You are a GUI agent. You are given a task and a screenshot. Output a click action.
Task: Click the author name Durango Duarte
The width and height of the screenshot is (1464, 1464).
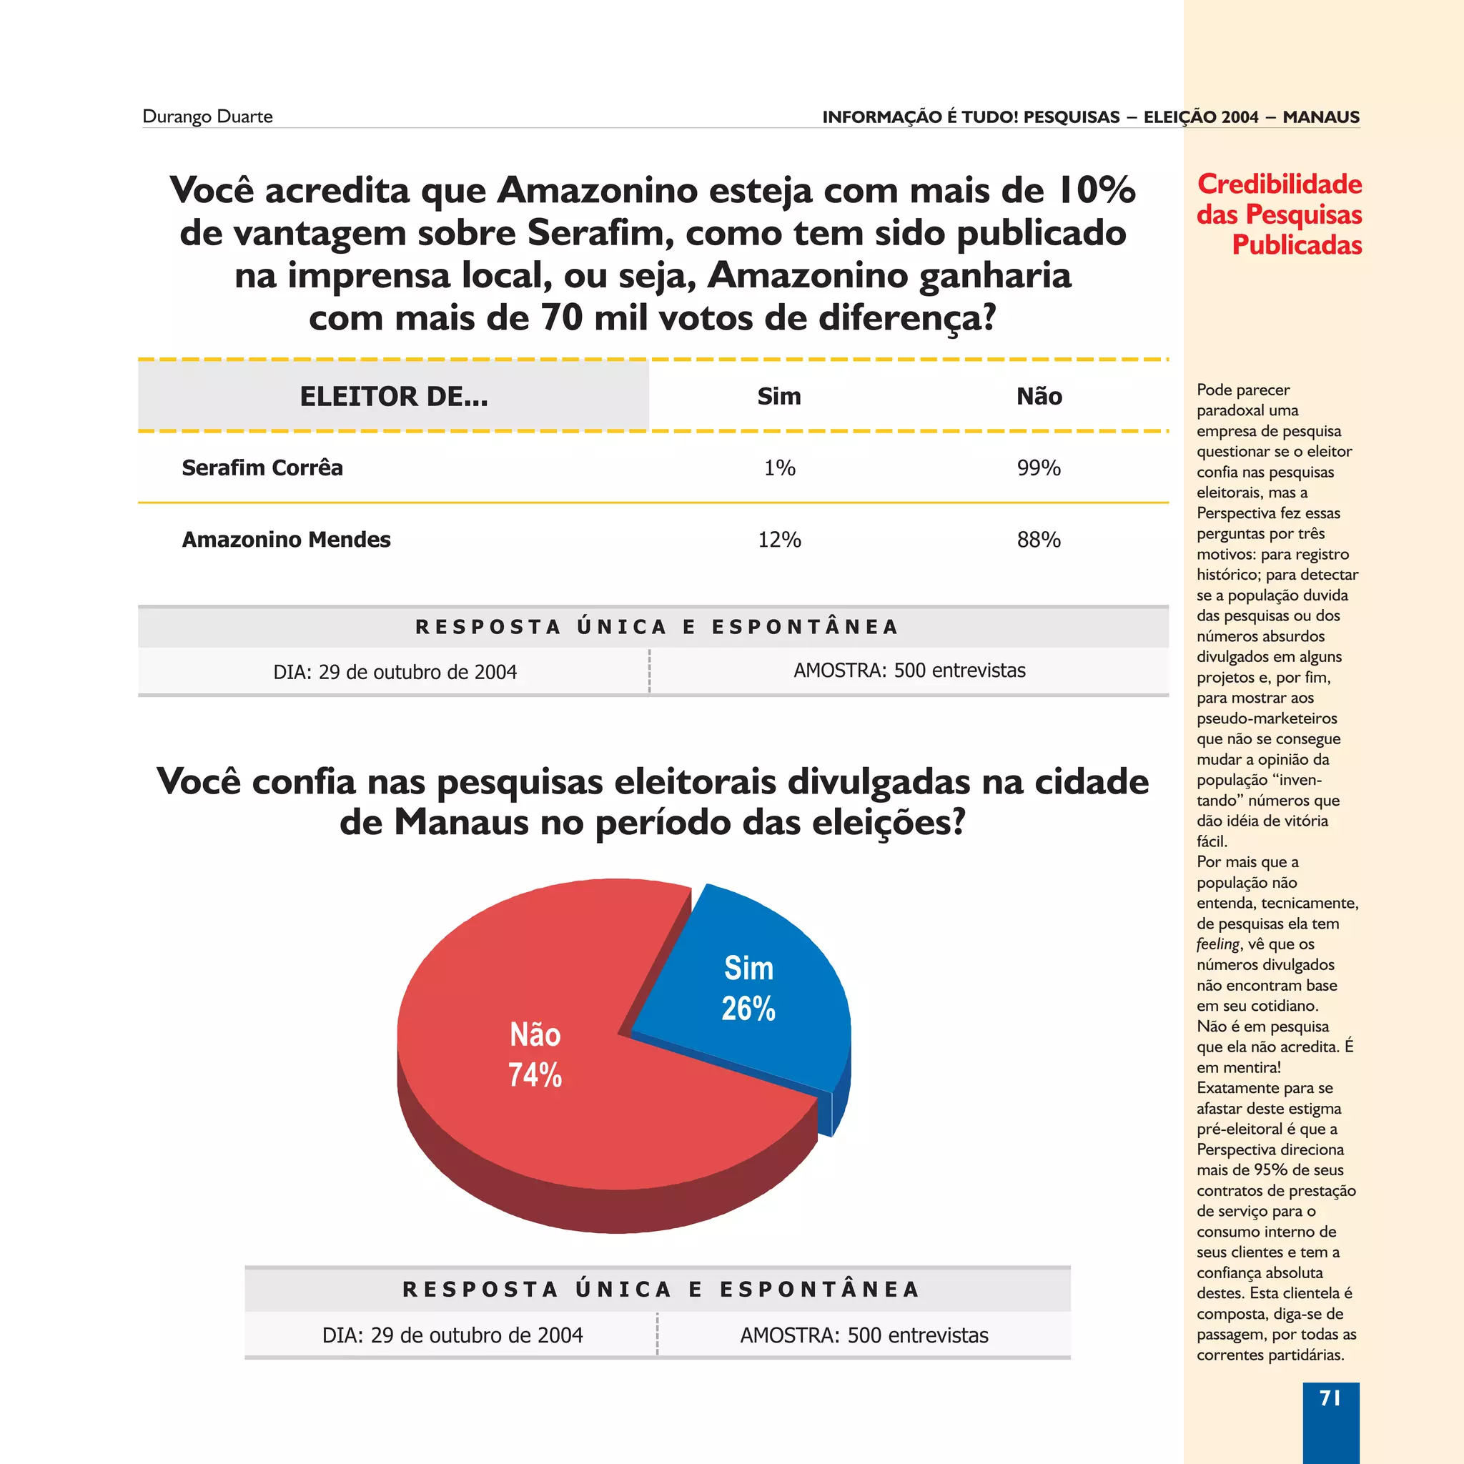click(207, 117)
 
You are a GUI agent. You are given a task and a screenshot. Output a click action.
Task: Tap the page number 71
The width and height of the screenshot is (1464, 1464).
click(1330, 1398)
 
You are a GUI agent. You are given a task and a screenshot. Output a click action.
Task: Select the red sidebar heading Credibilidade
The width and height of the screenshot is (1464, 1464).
click(1279, 184)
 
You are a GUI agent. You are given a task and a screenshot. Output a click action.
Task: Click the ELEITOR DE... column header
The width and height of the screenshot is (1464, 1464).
click(393, 396)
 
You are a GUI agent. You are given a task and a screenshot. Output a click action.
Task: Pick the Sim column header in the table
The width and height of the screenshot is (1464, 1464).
click(779, 396)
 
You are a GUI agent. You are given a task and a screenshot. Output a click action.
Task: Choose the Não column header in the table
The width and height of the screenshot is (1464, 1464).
click(1039, 396)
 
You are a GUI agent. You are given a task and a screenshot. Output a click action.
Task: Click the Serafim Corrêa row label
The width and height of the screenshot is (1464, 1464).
click(262, 468)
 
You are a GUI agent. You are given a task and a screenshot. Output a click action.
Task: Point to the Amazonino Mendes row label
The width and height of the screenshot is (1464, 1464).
click(286, 540)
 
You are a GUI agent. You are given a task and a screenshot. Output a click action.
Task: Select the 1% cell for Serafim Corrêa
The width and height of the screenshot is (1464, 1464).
click(779, 468)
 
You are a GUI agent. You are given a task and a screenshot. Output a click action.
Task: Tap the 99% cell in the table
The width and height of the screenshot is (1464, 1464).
click(1038, 468)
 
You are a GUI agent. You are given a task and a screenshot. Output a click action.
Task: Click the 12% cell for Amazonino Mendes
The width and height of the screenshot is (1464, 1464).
click(779, 540)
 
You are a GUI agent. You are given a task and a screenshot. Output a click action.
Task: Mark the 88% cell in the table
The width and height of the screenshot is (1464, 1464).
click(1038, 540)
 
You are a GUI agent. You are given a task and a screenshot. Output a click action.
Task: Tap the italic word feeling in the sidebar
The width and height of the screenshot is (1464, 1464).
click(1217, 944)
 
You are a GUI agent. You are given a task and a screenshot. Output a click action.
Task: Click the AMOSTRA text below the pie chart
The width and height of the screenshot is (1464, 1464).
click(864, 1335)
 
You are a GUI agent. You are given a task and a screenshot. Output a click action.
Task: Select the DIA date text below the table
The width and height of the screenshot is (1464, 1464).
click(395, 672)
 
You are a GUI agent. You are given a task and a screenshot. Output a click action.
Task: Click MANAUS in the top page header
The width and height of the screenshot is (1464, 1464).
click(1321, 117)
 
